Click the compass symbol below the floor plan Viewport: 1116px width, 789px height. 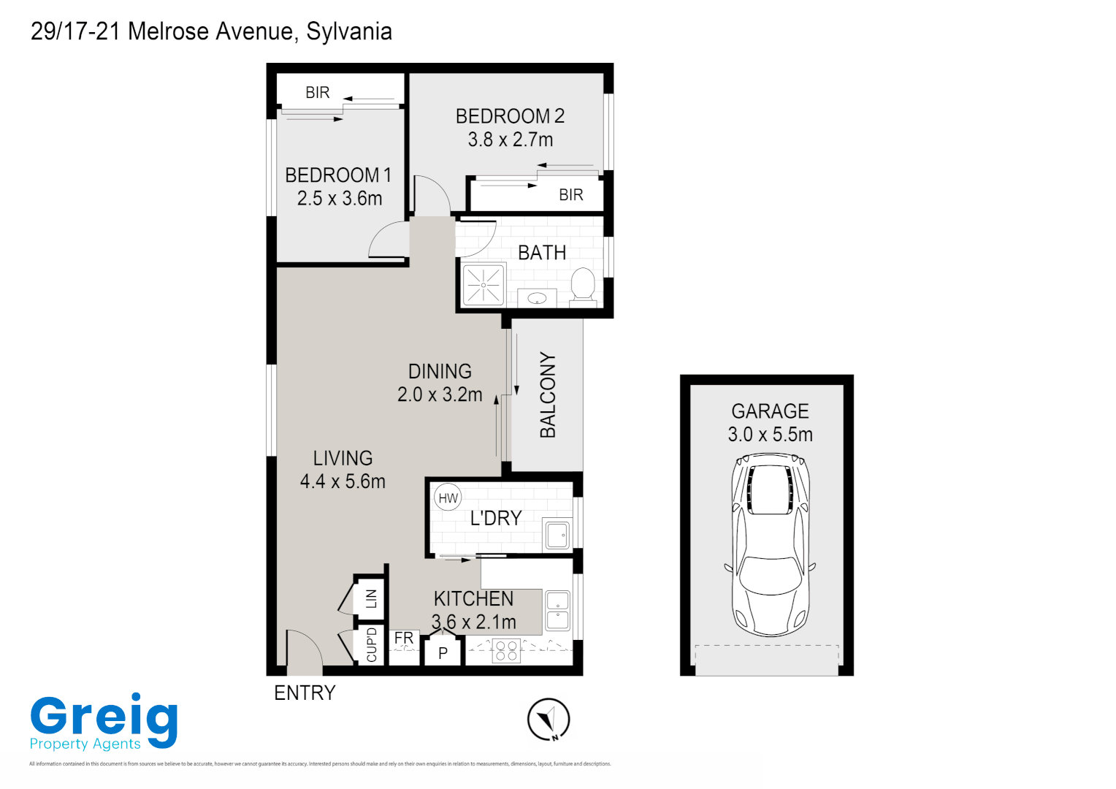point(549,720)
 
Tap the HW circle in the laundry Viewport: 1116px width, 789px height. point(448,498)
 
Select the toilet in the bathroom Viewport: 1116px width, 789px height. point(583,284)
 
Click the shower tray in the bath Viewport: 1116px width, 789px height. point(484,285)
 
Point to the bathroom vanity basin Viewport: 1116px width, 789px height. point(538,298)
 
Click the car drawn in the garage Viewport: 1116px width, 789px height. point(770,544)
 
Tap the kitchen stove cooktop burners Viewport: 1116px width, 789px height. point(506,650)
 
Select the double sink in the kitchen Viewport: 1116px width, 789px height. point(557,611)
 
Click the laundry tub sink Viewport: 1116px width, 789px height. point(557,535)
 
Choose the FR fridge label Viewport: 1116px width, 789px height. point(404,639)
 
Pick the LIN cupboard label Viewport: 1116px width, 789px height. point(371,599)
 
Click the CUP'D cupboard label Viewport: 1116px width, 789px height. point(371,644)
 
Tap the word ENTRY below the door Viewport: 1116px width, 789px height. point(305,693)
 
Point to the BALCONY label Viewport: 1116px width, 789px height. point(548,395)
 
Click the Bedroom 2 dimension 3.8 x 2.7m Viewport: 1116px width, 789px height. point(510,140)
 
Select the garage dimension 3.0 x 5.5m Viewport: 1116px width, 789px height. point(770,435)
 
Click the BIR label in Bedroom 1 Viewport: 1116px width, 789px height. point(318,93)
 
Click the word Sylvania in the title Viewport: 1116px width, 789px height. point(349,31)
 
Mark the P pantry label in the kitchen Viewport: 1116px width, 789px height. point(443,653)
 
